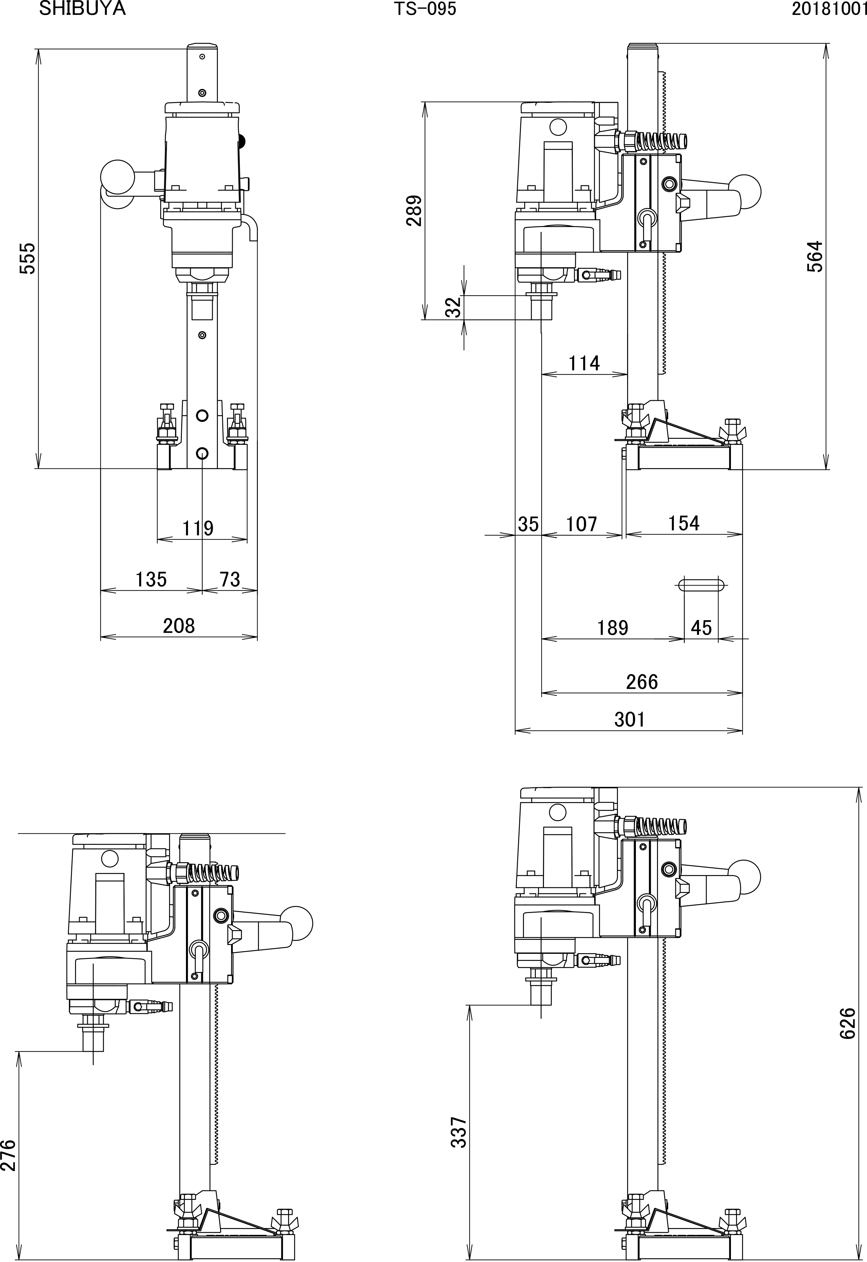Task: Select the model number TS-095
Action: [425, 9]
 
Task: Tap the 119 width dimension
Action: [198, 528]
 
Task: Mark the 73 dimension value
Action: [230, 579]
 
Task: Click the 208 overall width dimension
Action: [179, 626]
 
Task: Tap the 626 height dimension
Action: [847, 1023]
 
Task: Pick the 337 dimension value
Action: [459, 1132]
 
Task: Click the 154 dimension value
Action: [683, 523]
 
